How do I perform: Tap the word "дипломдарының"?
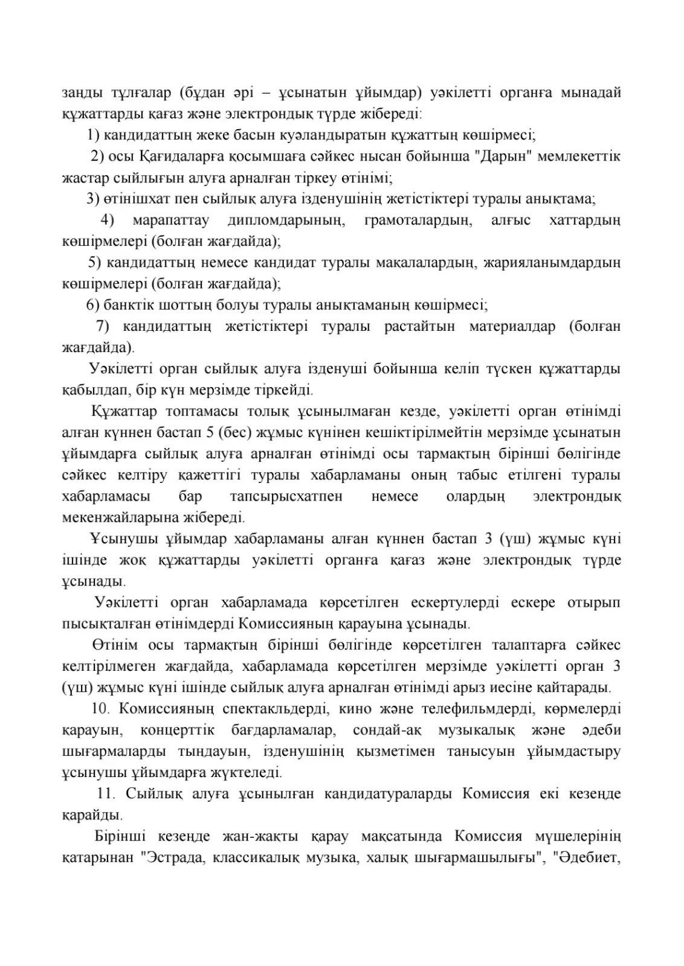tap(286, 220)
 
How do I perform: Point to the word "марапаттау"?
tap(170, 220)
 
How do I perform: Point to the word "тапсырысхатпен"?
tap(286, 496)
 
